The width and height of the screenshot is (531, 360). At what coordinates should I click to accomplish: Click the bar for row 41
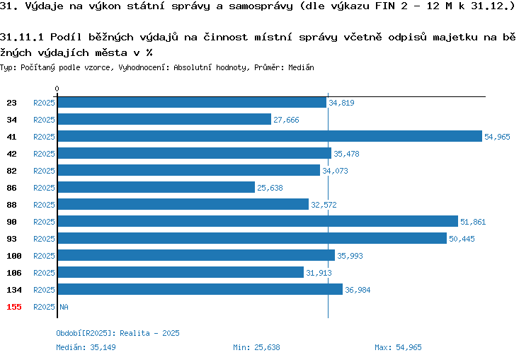270,136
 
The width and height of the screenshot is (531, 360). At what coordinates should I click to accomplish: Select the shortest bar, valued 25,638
156,187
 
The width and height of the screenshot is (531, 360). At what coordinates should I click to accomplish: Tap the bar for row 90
258,221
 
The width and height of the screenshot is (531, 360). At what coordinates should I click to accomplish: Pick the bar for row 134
200,289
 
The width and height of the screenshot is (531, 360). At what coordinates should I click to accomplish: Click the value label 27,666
286,120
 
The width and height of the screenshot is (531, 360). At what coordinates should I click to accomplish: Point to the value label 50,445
462,239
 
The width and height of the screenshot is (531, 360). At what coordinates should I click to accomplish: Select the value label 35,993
350,256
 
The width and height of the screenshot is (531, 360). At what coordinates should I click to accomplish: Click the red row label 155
14,307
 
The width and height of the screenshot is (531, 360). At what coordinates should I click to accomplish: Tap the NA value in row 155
64,307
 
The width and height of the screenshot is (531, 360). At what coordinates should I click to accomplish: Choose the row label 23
11,103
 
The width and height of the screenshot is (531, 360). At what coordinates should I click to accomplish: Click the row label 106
14,273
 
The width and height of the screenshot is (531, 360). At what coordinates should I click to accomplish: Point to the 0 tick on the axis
57,89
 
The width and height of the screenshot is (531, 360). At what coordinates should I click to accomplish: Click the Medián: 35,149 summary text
86,347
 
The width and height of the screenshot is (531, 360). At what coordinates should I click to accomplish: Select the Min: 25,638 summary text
256,347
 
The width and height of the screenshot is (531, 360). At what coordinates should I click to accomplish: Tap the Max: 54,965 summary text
398,347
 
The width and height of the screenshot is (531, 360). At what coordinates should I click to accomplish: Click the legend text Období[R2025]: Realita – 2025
118,333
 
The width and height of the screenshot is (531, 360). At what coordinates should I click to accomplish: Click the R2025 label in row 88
44,205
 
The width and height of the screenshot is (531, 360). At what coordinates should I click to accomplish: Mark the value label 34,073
335,171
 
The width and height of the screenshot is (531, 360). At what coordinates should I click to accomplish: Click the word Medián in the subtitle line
301,67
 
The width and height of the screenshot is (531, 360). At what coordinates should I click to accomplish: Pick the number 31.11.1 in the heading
22,37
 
